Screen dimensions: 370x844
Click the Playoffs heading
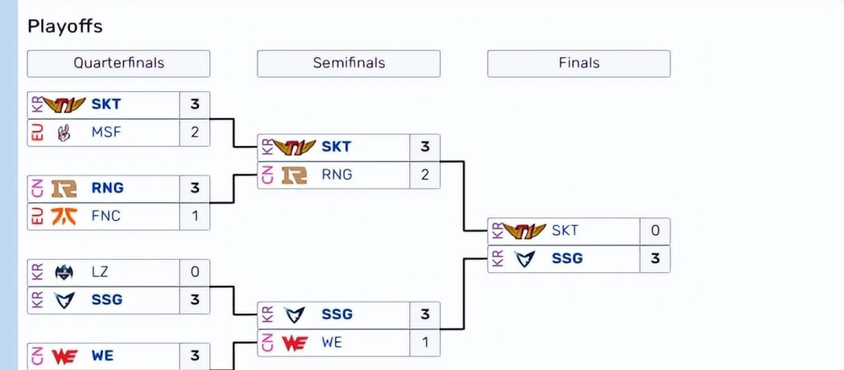[x=65, y=26]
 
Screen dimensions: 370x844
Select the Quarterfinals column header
[x=118, y=63]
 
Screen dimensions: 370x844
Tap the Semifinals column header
[x=349, y=63]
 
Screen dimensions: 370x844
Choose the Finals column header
[x=579, y=63]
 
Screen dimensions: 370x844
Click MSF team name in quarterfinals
[x=105, y=132]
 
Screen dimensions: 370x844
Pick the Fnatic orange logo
[x=64, y=216]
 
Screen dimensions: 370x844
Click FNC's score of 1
[x=195, y=216]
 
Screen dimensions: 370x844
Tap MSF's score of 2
[x=195, y=132]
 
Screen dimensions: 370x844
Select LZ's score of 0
[x=195, y=272]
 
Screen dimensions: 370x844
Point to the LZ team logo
[x=64, y=272]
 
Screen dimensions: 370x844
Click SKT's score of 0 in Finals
[x=655, y=231]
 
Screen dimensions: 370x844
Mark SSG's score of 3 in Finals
[x=655, y=259]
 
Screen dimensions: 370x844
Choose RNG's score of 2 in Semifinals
[x=425, y=174]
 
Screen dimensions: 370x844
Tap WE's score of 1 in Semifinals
[x=425, y=342]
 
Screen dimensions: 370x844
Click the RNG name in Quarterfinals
[x=107, y=188]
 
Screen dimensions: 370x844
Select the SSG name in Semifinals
[x=337, y=314]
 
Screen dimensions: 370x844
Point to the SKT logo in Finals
[x=524, y=231]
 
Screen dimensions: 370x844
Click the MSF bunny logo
[x=64, y=132]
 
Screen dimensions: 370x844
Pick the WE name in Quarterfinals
[x=102, y=356]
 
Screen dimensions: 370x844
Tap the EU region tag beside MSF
[x=35, y=132]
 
